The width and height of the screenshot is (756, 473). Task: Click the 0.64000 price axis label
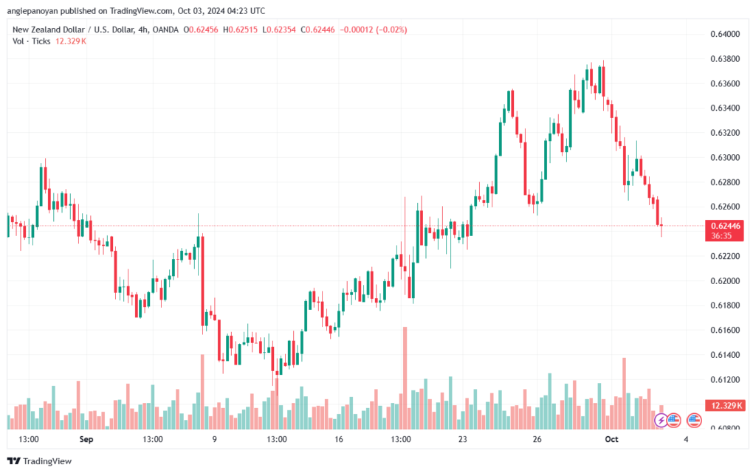click(x=725, y=34)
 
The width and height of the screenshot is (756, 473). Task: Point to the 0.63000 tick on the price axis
click(x=725, y=157)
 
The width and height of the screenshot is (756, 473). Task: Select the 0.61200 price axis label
click(x=725, y=379)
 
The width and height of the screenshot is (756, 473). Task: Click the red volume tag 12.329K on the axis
click(x=725, y=406)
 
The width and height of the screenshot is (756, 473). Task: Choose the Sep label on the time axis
click(x=86, y=439)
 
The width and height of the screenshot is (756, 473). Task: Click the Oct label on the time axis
click(x=611, y=439)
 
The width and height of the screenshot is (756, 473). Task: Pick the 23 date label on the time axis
click(x=463, y=439)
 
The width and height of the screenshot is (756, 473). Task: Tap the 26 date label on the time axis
click(x=537, y=439)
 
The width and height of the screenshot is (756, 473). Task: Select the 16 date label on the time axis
click(x=338, y=439)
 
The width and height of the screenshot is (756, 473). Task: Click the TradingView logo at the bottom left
click(x=40, y=461)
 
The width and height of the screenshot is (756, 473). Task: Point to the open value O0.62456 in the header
click(x=201, y=30)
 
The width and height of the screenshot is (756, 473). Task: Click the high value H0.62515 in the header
click(x=240, y=30)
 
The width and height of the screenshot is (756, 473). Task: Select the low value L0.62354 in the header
click(x=279, y=30)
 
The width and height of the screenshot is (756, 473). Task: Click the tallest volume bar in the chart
click(x=405, y=378)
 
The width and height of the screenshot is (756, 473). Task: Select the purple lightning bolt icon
click(x=661, y=421)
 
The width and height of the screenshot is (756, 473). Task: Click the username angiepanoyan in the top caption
click(x=32, y=10)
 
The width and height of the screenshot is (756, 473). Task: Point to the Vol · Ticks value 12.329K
click(x=71, y=41)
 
